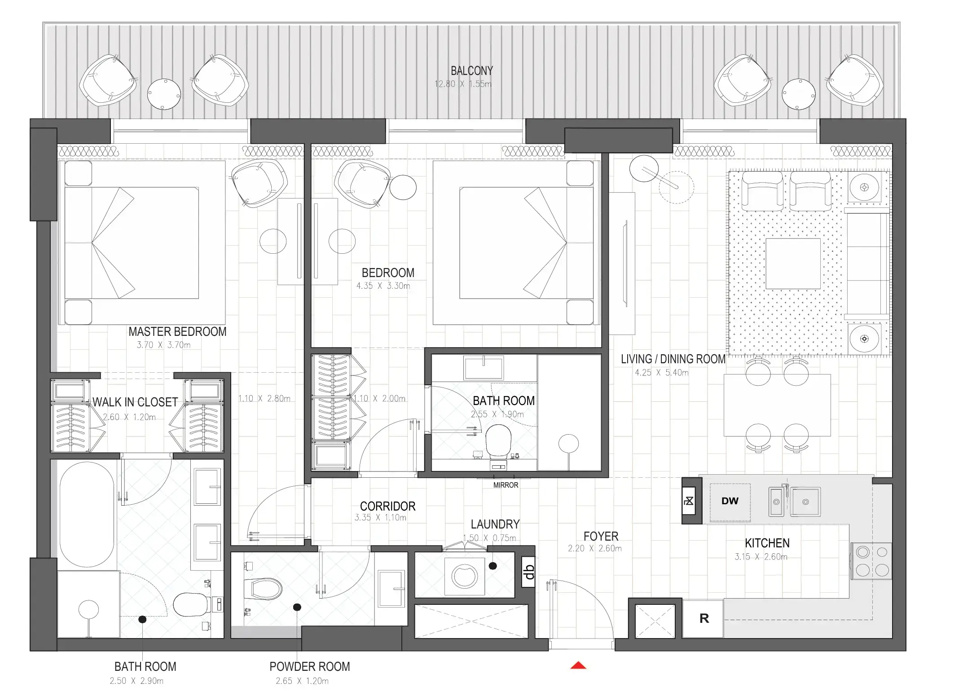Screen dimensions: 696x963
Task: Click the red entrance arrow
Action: [578, 665]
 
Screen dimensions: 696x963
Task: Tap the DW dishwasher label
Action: [730, 501]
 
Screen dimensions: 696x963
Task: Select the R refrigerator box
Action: [704, 619]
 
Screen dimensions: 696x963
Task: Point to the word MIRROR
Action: [506, 485]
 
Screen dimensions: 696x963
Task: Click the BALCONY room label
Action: [471, 71]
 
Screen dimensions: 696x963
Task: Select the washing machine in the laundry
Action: [464, 576]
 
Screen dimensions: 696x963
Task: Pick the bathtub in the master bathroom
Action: [87, 514]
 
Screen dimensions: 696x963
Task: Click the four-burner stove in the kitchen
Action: [872, 561]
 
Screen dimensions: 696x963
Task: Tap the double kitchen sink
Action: [795, 502]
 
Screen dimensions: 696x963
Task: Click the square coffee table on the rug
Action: [793, 264]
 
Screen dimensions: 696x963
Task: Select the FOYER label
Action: [601, 536]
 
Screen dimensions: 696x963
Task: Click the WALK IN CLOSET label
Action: [135, 402]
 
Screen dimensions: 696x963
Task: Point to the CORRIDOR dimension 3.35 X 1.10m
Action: [380, 518]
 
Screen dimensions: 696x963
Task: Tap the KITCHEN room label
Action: [767, 543]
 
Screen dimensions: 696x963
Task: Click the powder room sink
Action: [391, 588]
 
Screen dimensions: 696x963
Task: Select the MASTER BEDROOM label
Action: [177, 332]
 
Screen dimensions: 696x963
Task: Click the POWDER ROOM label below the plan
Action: [309, 667]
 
